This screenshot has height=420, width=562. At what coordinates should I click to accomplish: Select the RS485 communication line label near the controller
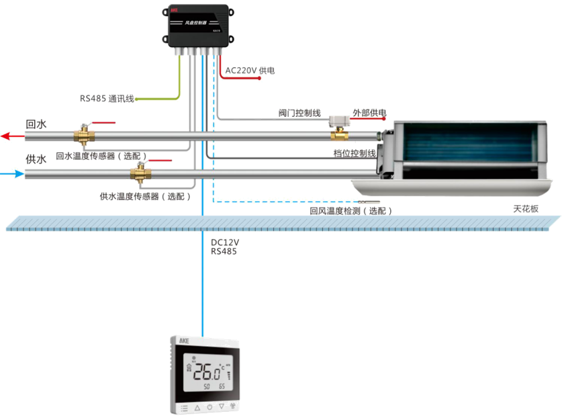point(107,98)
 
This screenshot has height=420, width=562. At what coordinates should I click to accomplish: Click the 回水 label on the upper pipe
point(36,124)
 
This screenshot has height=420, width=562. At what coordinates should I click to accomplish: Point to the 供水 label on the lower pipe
point(36,159)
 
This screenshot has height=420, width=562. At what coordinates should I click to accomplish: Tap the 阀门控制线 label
point(299,113)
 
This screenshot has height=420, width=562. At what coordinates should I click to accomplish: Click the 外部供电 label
point(369,113)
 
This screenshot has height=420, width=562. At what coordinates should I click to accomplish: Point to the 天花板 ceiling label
point(526,209)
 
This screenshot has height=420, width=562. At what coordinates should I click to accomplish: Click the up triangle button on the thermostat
point(197,407)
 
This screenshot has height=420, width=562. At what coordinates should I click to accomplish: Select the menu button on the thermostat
point(183,407)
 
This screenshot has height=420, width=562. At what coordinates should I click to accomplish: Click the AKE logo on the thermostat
point(184,341)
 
